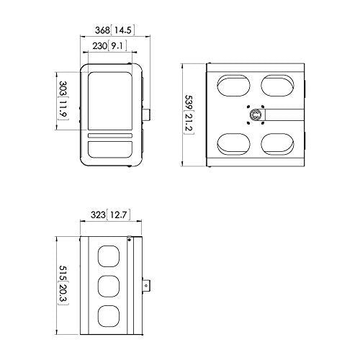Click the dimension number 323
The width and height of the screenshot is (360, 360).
click(96, 214)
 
